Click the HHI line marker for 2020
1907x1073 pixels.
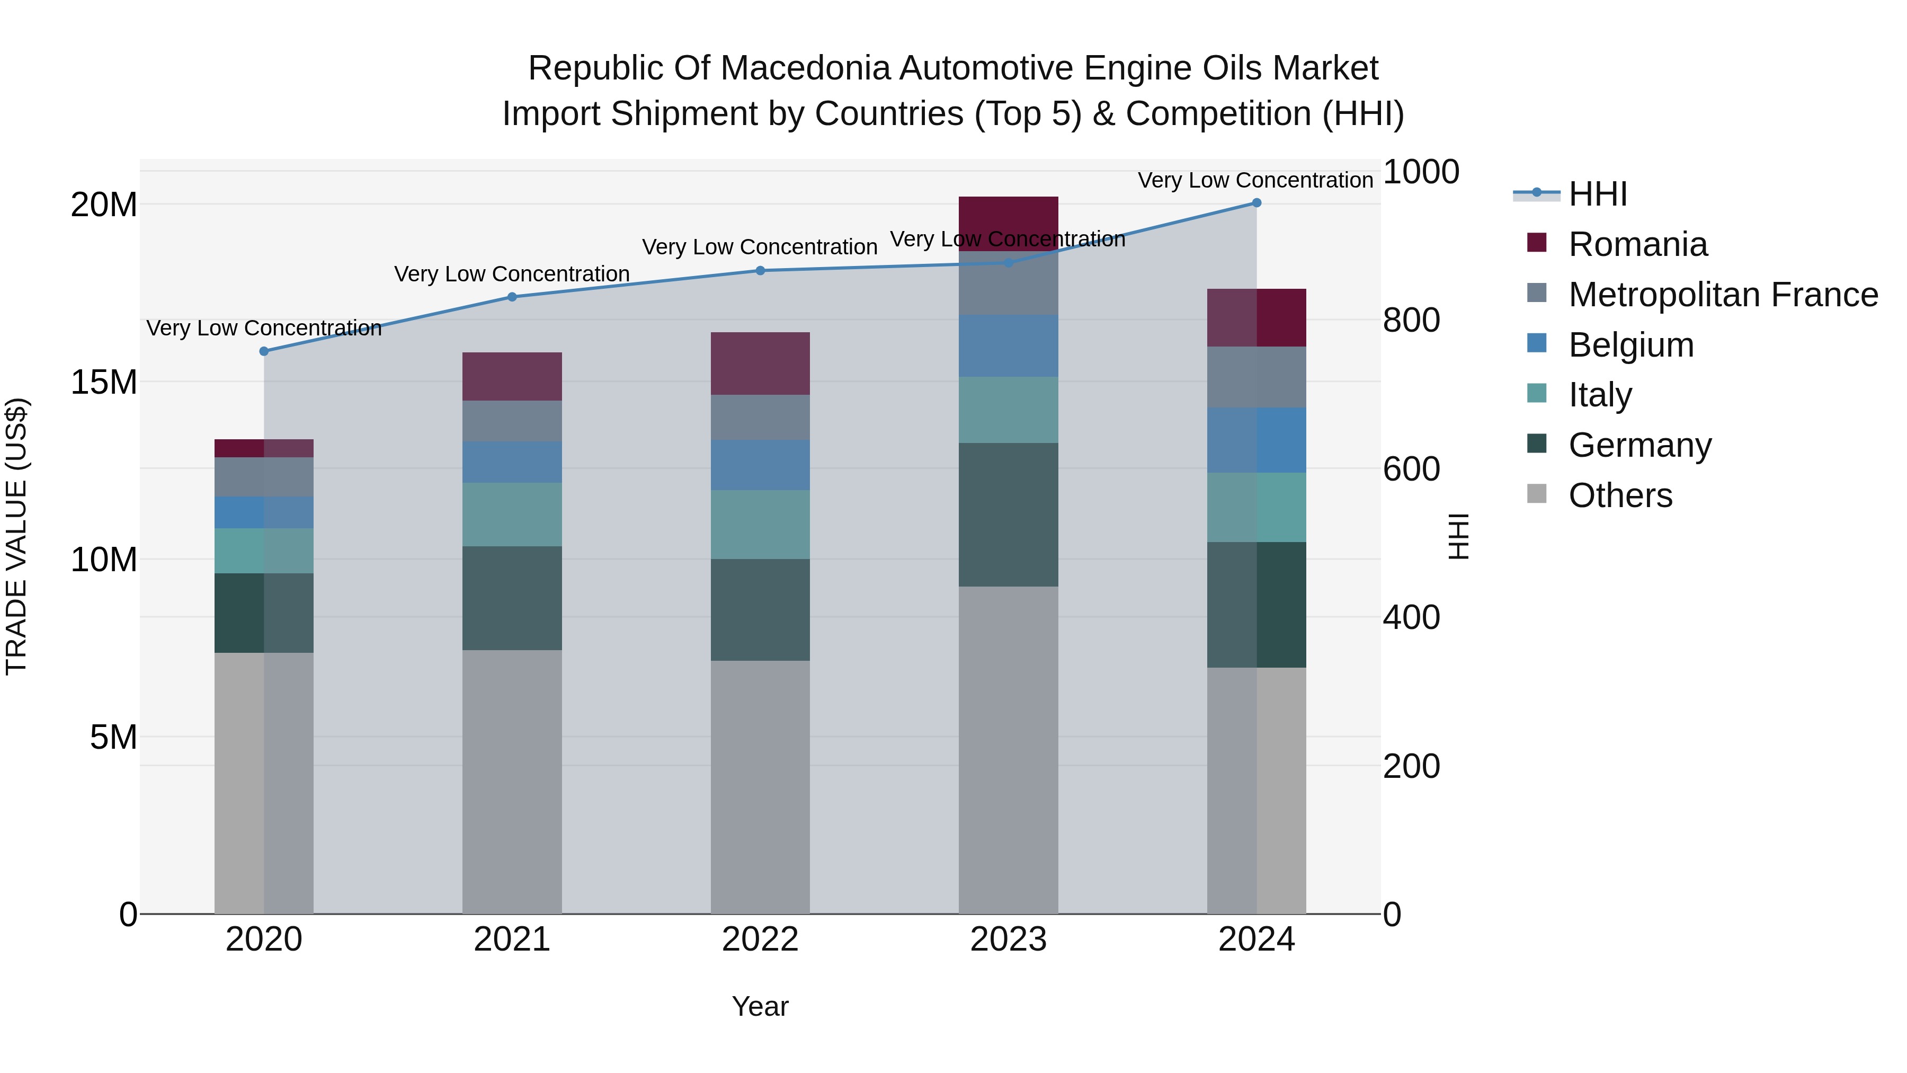point(264,351)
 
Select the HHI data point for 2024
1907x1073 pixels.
point(1257,203)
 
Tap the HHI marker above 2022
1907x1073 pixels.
point(760,270)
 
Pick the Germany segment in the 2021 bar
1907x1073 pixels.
point(512,598)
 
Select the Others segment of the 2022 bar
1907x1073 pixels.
point(760,786)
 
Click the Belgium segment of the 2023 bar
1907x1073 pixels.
point(1008,346)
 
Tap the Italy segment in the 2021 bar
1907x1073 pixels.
point(512,515)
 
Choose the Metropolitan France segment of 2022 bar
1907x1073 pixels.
point(760,417)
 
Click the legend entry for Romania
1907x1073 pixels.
point(1637,244)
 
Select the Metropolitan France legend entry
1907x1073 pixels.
point(1722,295)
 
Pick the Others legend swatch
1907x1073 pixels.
point(1537,494)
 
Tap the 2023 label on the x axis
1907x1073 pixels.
point(1008,939)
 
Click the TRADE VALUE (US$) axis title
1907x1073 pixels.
point(16,536)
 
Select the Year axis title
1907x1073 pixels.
point(760,1006)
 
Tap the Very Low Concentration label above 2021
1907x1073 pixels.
point(512,274)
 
